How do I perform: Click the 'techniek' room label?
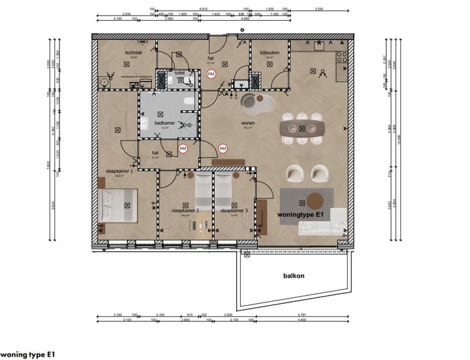[135, 52]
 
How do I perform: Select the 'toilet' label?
[180, 73]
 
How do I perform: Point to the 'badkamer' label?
[163, 122]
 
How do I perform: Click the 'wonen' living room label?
[247, 122]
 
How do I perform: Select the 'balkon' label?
[294, 276]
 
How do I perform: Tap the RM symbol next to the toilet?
[211, 75]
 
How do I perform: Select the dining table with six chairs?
[302, 127]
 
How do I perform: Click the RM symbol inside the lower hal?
[183, 149]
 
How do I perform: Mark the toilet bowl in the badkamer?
[187, 102]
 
